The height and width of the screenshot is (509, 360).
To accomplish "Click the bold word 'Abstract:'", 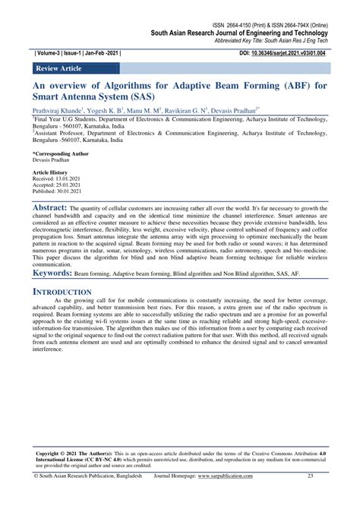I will tap(55, 207).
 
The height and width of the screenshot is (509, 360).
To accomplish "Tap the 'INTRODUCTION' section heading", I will tap(67, 292).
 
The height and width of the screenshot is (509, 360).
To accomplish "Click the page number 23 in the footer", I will tap(310, 498).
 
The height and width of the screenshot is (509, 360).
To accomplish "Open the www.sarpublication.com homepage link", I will tap(228, 498).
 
